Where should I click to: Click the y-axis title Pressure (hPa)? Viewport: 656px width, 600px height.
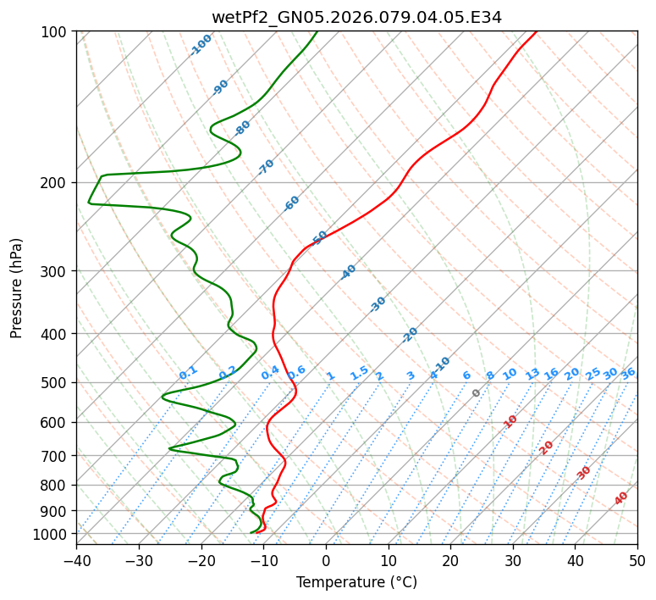click(x=17, y=287)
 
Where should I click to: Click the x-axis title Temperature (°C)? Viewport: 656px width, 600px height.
click(x=356, y=583)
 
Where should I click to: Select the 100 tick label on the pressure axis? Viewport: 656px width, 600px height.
click(x=56, y=32)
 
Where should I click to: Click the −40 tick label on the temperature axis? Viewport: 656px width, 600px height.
click(x=76, y=560)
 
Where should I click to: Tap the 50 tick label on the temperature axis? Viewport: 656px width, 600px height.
click(x=637, y=560)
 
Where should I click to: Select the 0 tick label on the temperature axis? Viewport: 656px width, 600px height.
click(x=326, y=560)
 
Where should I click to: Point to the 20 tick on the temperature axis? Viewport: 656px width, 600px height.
click(x=450, y=560)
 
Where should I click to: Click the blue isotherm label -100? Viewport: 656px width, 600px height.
click(x=201, y=44)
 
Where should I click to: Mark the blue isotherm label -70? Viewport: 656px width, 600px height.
click(x=266, y=166)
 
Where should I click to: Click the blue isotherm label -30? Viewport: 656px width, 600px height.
click(x=378, y=303)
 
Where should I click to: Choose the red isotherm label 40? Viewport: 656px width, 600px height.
click(x=621, y=498)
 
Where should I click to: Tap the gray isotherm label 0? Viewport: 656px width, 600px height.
click(x=477, y=393)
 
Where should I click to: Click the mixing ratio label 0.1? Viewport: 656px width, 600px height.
click(x=188, y=373)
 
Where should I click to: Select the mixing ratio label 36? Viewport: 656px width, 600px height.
click(x=628, y=373)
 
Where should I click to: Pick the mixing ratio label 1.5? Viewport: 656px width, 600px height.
click(x=359, y=373)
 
